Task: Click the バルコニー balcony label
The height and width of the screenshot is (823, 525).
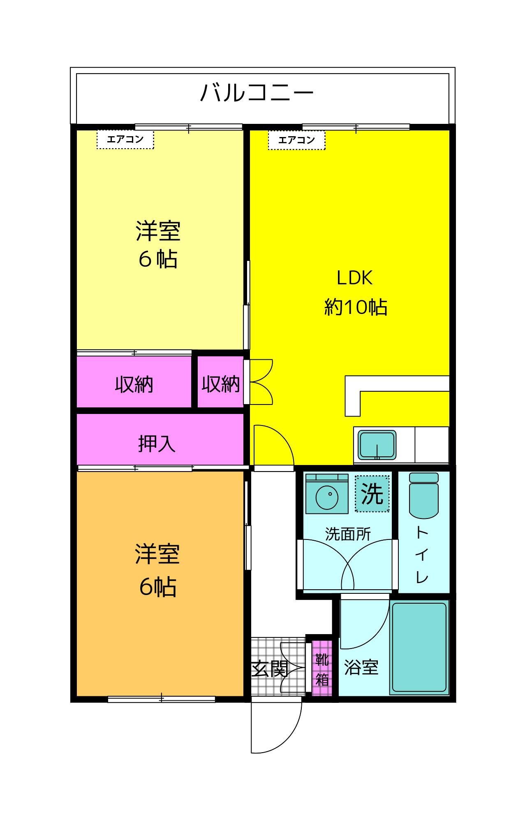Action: coord(257,93)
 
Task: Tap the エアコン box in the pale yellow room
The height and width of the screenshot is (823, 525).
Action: coord(125,139)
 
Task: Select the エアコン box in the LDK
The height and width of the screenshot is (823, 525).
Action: coord(296,140)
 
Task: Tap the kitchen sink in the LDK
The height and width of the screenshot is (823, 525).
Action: coord(377,445)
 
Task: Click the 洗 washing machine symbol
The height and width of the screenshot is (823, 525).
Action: coord(372,493)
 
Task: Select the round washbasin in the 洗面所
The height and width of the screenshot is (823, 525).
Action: coord(327,497)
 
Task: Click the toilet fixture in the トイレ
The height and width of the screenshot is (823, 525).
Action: coord(423,495)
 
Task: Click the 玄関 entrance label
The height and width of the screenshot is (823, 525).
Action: coord(269,669)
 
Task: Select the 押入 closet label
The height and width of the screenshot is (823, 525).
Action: coord(157,444)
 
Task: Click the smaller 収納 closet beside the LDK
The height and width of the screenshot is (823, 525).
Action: coord(220,384)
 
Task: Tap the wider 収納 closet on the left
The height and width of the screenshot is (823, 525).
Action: coord(134,384)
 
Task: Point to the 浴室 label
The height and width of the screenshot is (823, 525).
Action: coord(361,667)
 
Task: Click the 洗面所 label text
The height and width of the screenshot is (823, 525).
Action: coord(348,534)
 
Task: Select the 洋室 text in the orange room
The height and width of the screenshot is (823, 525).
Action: coord(157,554)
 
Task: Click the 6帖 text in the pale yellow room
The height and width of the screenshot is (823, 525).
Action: coord(158,259)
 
